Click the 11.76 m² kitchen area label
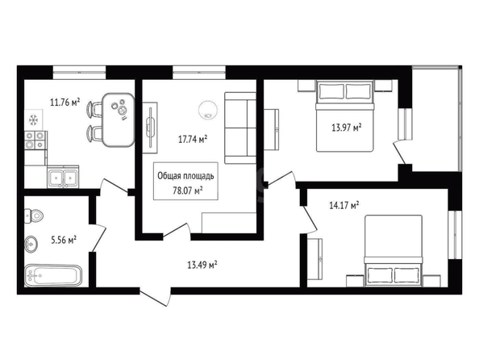65,102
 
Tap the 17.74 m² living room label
193,140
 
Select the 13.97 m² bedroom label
347,128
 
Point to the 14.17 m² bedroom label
344,205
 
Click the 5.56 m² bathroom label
64,240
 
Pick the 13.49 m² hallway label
202,265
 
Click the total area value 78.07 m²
188,190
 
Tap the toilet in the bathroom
34,216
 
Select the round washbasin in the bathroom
31,244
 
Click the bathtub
53,275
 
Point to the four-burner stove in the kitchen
35,140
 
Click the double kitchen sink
63,177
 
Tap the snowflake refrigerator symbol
33,120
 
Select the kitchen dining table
119,119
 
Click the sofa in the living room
240,128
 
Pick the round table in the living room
208,110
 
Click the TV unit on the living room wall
150,128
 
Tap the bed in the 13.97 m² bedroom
345,116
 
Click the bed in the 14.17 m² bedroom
394,251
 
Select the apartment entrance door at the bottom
155,297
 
